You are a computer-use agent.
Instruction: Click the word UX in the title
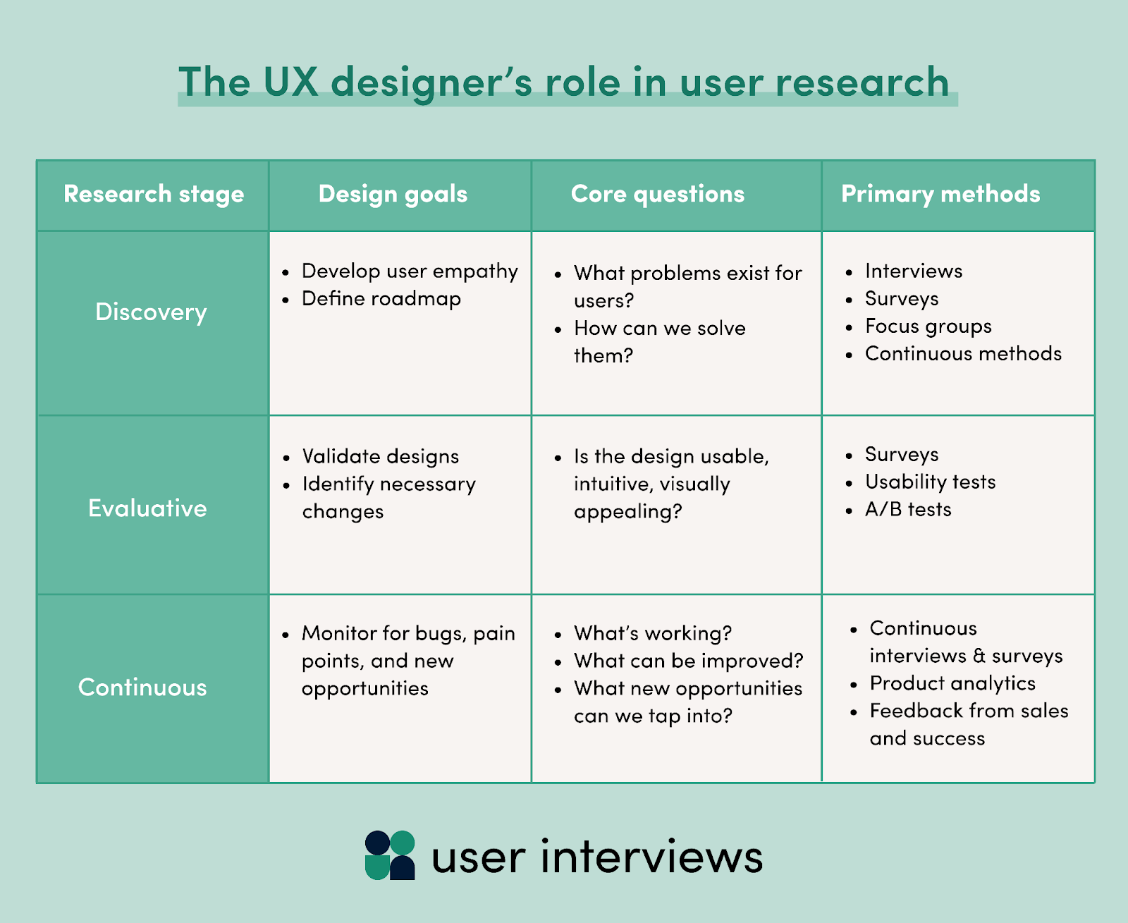click(290, 82)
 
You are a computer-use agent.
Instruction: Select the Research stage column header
click(154, 194)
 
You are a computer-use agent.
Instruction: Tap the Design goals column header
click(393, 194)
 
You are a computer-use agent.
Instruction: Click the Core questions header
click(657, 194)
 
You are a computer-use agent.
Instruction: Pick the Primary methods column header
click(940, 194)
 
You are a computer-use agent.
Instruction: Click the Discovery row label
click(151, 312)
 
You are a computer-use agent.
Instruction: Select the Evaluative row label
click(147, 508)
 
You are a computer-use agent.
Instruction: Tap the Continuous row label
click(142, 687)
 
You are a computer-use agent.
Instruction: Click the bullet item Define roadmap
click(381, 299)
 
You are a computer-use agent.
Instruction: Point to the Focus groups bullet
click(928, 326)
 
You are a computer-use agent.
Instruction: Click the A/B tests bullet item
click(908, 509)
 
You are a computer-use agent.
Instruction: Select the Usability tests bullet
click(930, 482)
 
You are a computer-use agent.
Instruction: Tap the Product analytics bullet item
click(952, 683)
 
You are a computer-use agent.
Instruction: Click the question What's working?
click(653, 633)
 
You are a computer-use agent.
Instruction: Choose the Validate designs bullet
click(380, 456)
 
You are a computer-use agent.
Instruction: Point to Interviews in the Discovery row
click(913, 271)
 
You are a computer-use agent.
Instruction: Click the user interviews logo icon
click(390, 855)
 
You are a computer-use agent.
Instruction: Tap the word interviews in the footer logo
click(651, 857)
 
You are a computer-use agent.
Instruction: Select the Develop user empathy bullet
click(410, 271)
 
